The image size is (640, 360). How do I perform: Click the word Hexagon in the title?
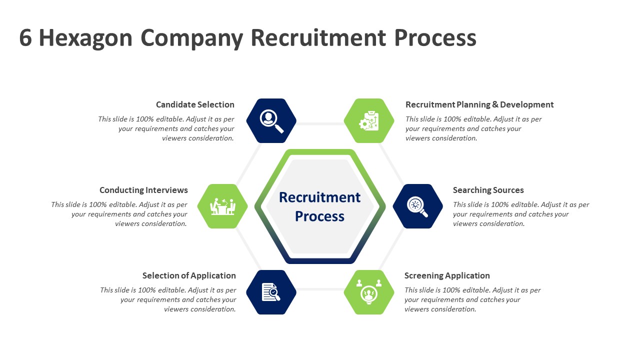coord(85,38)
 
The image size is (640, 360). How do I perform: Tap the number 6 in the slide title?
coord(25,38)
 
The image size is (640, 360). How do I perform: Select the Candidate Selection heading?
coord(195,104)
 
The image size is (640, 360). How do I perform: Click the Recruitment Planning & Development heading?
coord(479,104)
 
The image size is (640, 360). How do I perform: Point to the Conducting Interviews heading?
coord(143,190)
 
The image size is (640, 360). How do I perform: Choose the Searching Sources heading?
coord(488,190)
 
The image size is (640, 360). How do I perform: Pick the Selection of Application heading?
coord(189,275)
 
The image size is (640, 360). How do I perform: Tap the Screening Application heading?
coord(447,275)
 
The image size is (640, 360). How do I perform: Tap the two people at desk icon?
coord(222,206)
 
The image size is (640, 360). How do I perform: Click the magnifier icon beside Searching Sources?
coord(417,206)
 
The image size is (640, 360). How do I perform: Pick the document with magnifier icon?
coord(271,292)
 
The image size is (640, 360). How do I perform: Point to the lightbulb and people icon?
coord(369,292)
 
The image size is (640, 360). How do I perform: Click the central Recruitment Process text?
coord(319,206)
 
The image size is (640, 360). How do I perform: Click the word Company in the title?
coord(192,38)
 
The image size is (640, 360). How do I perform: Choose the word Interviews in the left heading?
coord(166,190)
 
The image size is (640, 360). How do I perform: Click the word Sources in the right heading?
coord(506,190)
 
